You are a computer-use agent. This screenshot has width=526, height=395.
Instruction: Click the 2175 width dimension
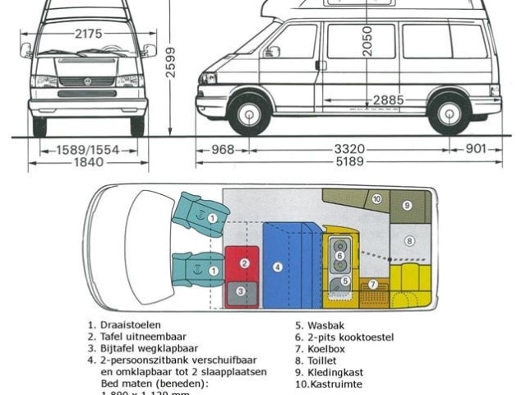point(88,34)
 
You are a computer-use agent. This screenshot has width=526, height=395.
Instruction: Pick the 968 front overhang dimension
point(222,149)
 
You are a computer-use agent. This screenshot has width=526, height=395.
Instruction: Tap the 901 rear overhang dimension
point(476,149)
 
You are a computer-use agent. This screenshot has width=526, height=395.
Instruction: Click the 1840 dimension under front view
point(88,162)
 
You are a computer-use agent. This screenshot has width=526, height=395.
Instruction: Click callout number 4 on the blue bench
point(278,267)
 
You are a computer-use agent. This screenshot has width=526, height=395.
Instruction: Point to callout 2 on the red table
point(244,263)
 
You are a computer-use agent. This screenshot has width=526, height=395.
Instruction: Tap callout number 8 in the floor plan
point(408,241)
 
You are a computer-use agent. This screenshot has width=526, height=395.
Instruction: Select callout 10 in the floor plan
point(376,199)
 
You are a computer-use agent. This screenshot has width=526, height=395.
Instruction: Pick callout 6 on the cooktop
point(340,256)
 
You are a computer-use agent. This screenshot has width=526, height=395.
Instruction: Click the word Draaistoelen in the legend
point(129,324)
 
